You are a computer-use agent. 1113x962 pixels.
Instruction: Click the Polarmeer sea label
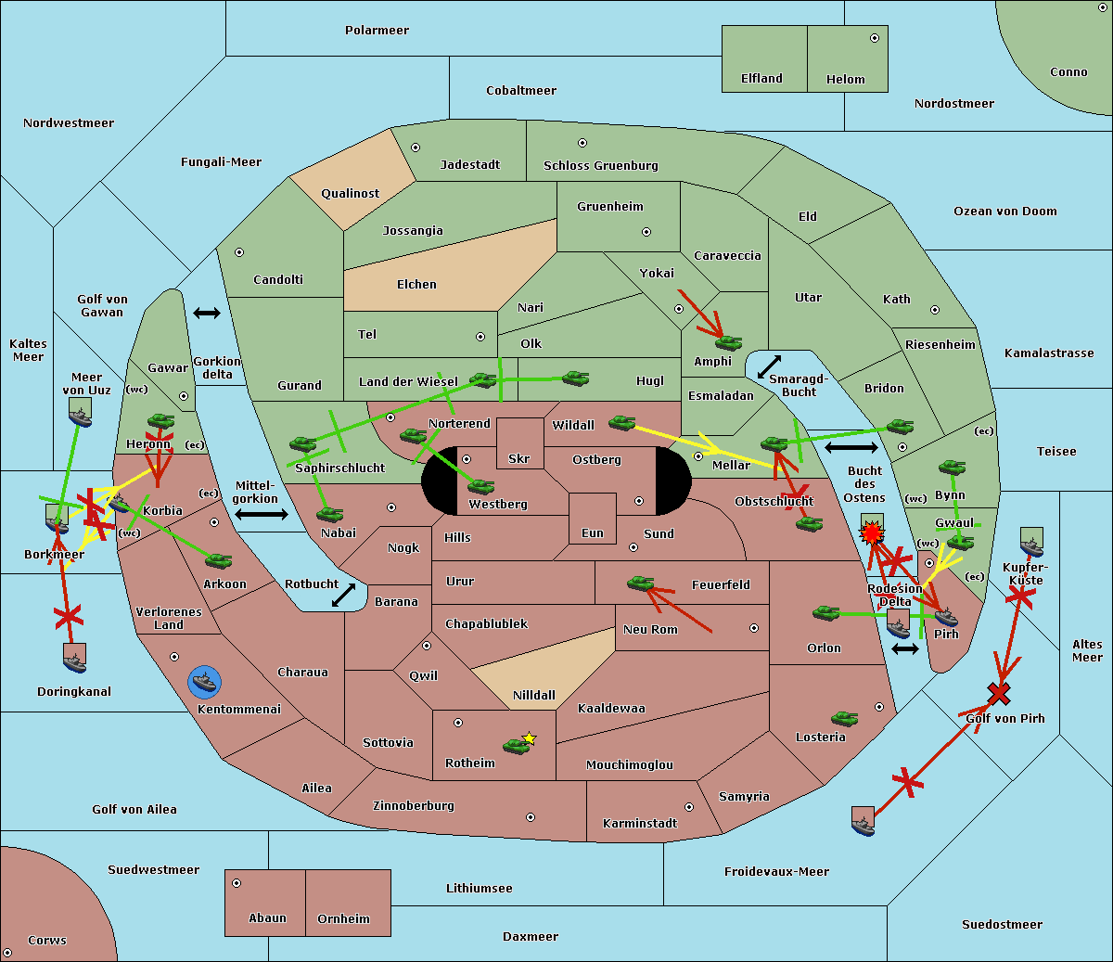[377, 31]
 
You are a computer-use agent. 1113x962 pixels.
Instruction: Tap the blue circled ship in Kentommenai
[205, 682]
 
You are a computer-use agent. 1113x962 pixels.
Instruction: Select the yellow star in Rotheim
[530, 738]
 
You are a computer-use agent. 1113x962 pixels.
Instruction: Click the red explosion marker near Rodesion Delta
[872, 533]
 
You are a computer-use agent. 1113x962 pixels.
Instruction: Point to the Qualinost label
[350, 193]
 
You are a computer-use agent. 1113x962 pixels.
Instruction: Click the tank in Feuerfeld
[641, 584]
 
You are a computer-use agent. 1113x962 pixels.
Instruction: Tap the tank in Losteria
[844, 718]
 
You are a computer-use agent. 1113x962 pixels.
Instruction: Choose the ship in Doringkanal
[75, 658]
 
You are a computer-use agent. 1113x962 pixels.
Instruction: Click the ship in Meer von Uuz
[81, 412]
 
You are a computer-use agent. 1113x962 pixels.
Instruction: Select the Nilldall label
[533, 696]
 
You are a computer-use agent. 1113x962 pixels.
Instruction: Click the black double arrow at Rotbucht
[344, 595]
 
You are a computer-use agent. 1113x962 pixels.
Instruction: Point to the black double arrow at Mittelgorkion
[262, 515]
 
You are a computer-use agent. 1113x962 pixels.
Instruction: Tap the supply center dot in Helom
[875, 38]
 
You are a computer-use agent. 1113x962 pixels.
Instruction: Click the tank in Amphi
[728, 342]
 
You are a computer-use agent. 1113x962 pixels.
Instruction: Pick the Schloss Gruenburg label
[601, 166]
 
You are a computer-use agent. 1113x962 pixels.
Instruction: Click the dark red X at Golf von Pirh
[999, 693]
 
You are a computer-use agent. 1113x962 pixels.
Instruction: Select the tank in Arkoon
[219, 560]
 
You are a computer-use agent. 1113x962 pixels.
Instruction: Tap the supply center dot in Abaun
[237, 883]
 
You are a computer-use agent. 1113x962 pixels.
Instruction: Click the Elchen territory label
[416, 285]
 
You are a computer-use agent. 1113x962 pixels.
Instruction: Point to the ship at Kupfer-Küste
[1031, 542]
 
